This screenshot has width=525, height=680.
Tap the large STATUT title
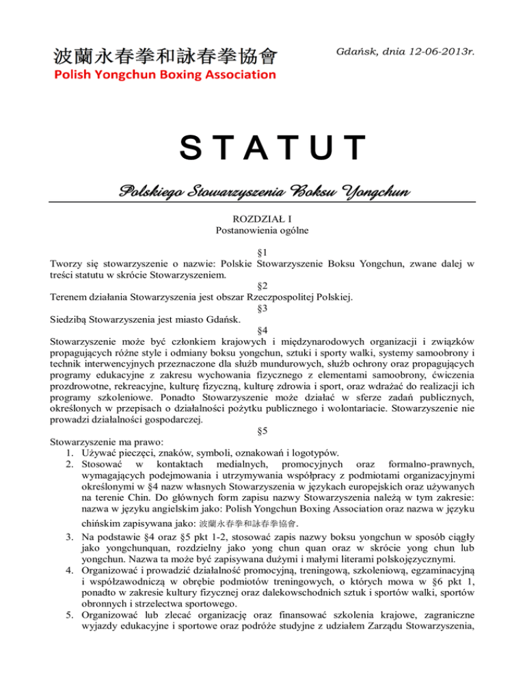(262, 149)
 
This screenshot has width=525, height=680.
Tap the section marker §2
(262, 284)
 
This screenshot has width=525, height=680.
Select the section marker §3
(262, 306)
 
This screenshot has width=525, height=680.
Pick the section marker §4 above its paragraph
(262, 329)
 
